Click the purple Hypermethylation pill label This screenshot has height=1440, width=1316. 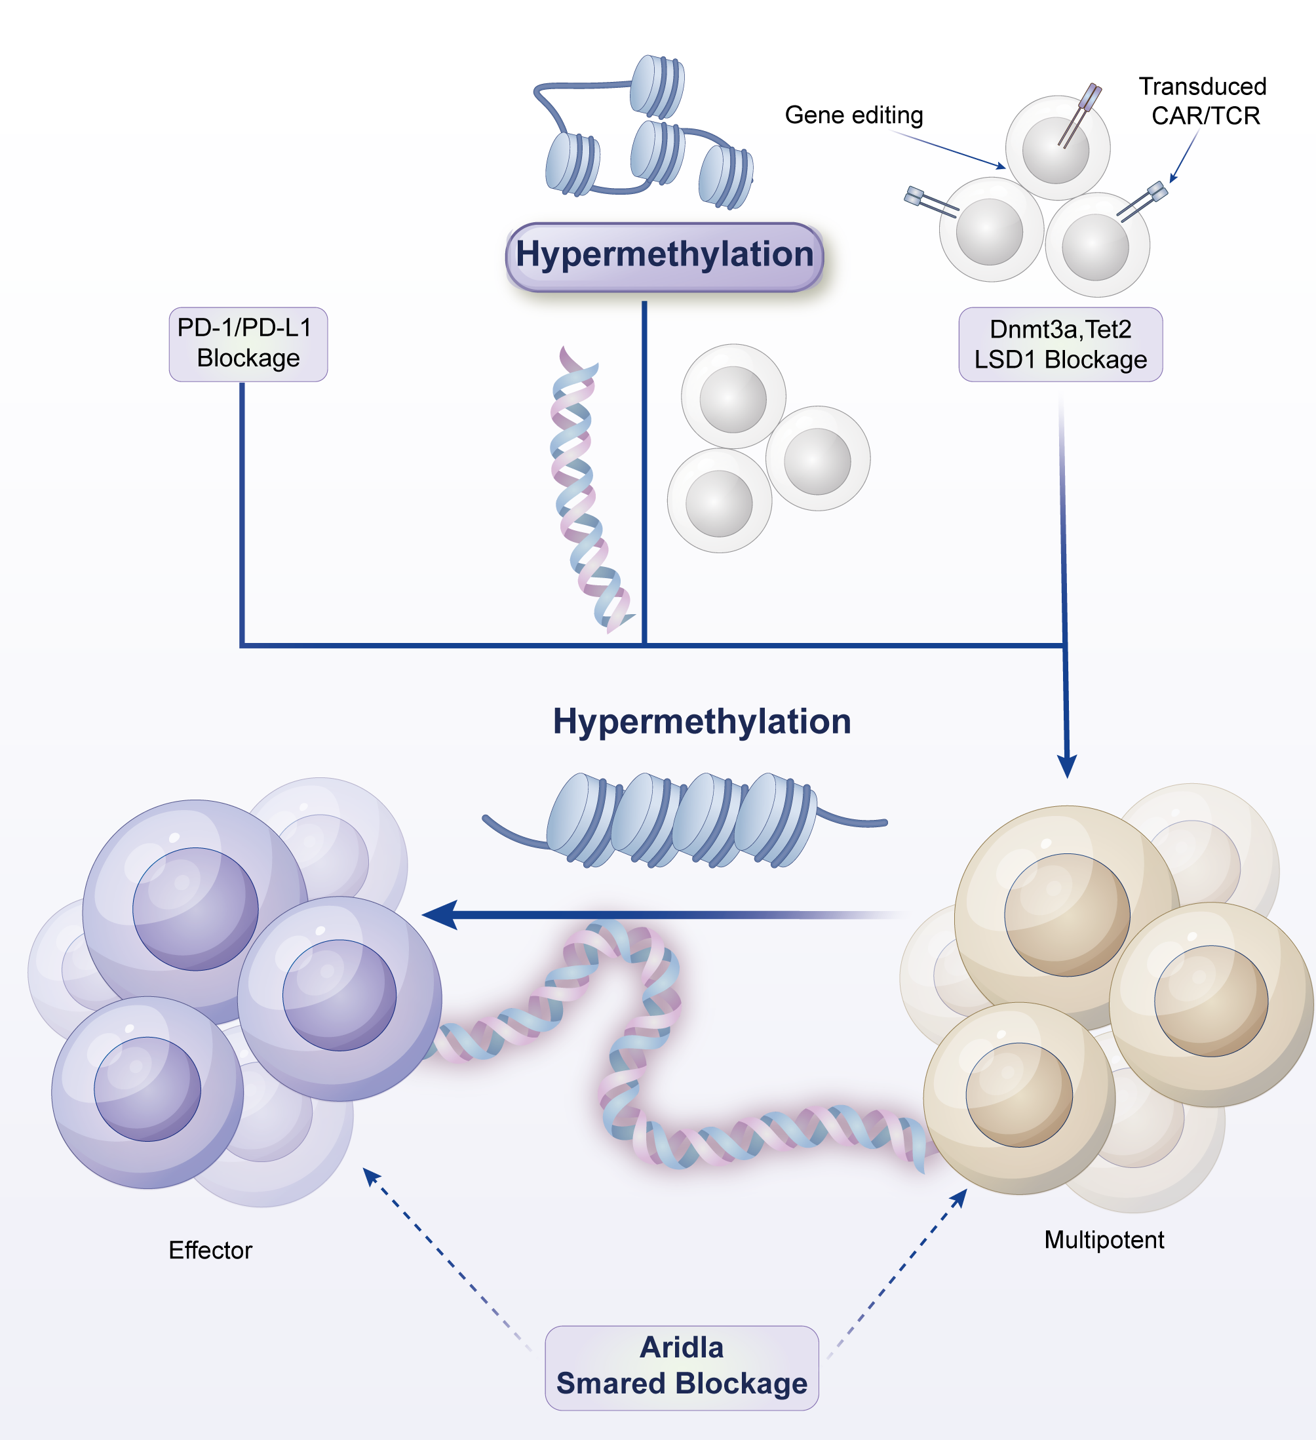tap(664, 256)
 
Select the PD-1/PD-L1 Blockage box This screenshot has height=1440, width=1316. tap(248, 343)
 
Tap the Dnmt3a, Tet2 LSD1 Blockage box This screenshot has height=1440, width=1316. tap(1060, 344)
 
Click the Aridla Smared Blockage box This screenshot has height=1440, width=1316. tap(681, 1367)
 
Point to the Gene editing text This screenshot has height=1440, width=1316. tap(853, 115)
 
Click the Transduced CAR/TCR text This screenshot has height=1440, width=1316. tap(1203, 101)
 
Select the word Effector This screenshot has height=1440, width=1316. tap(210, 1250)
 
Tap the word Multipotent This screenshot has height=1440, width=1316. tap(1103, 1239)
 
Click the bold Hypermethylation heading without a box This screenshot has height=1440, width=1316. tap(701, 722)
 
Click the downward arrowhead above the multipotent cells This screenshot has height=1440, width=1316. tap(1066, 766)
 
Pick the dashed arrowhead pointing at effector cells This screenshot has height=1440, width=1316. tap(372, 1177)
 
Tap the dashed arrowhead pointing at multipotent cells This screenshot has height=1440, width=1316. tap(959, 1198)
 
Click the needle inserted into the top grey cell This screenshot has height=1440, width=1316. tap(1079, 114)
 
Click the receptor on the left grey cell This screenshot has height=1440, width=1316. tap(930, 201)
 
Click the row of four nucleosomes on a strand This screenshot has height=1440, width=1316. tap(682, 820)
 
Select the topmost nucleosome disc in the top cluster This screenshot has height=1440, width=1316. tap(657, 86)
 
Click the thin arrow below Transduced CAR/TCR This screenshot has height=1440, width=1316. tap(1184, 157)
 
